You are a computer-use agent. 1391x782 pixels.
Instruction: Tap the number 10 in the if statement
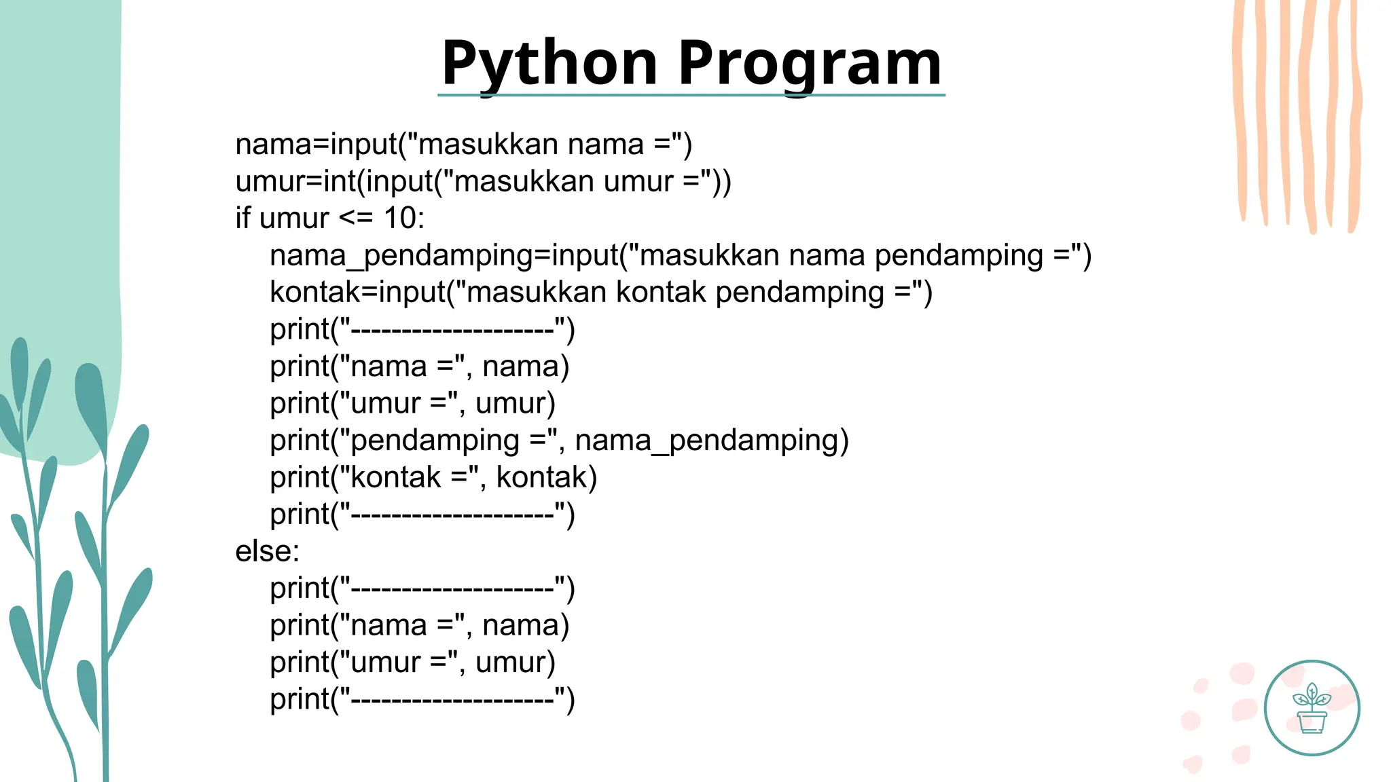point(399,218)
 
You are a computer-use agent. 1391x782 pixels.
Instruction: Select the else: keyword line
point(267,551)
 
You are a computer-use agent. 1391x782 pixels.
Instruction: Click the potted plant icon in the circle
point(1312,709)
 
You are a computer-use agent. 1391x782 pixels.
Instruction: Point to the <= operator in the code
point(356,218)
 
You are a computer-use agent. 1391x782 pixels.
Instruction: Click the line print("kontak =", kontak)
point(433,477)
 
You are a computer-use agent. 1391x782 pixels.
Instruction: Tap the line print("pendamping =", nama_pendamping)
point(559,440)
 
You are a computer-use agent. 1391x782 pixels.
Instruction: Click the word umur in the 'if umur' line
point(294,218)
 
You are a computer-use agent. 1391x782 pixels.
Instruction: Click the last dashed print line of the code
point(422,699)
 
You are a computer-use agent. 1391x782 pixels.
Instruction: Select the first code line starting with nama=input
point(463,144)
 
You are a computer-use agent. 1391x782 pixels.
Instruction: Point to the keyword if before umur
point(242,218)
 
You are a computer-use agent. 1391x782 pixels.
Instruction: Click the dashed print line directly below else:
point(422,588)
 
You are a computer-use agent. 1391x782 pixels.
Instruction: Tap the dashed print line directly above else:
point(422,514)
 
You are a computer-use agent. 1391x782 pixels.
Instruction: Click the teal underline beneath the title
point(691,95)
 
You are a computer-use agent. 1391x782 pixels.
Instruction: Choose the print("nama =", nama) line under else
point(419,625)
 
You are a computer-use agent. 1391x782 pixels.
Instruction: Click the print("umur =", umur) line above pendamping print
point(412,403)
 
